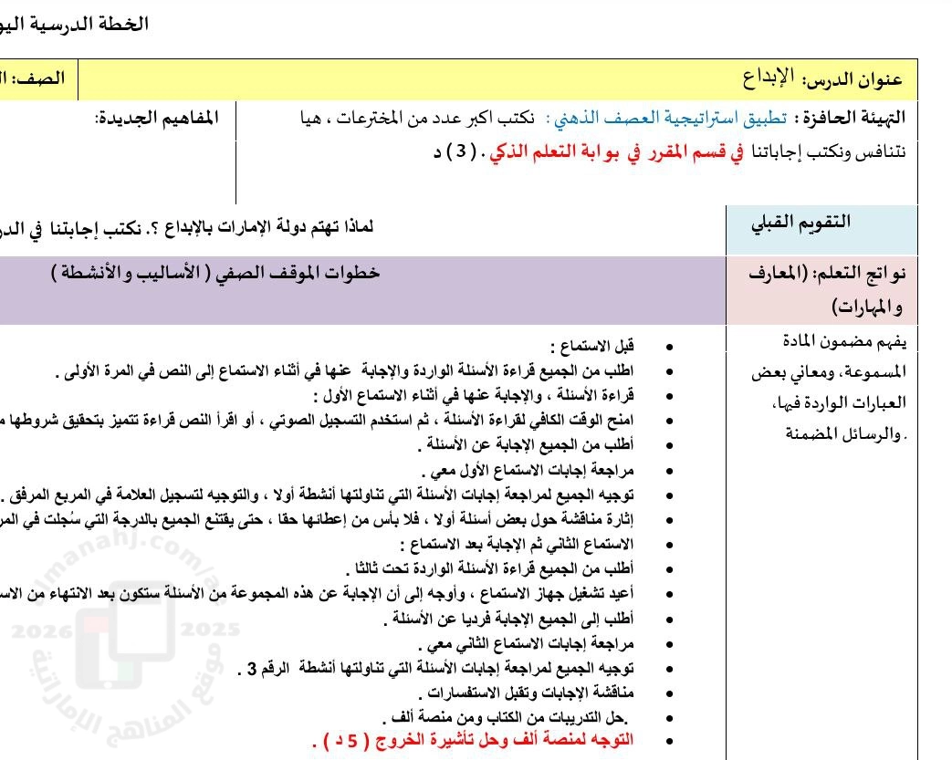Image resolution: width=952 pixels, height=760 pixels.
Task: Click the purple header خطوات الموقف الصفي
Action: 216,272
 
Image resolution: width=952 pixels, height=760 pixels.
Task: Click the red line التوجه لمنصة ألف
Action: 474,739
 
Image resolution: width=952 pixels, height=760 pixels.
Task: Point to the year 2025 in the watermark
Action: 211,629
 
